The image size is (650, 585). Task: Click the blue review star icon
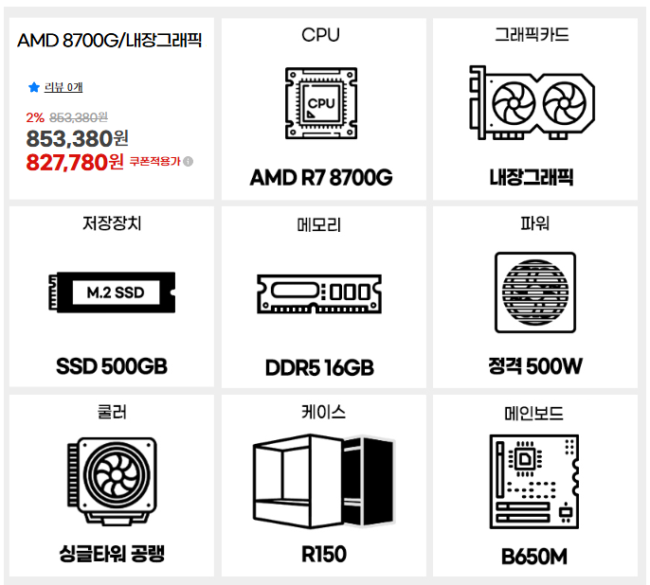(x=33, y=87)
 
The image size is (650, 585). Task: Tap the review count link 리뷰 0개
(x=63, y=87)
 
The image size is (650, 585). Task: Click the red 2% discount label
(x=35, y=117)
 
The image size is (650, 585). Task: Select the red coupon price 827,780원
(x=75, y=162)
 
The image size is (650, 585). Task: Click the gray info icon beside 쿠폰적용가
(x=188, y=161)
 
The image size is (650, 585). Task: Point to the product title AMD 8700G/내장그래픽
(x=110, y=41)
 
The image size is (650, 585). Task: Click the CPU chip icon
(x=321, y=103)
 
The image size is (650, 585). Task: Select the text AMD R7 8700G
(x=321, y=178)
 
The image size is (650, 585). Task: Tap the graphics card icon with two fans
(x=532, y=102)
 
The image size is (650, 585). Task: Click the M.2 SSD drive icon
(x=112, y=292)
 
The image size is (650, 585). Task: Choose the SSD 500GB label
(x=112, y=366)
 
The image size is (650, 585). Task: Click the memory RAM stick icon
(x=319, y=294)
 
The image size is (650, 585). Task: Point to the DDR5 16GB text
(x=319, y=367)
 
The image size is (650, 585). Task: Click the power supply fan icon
(x=535, y=292)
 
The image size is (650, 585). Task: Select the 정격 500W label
(x=535, y=366)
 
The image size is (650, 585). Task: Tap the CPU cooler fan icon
(x=112, y=481)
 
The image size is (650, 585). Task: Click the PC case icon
(x=324, y=481)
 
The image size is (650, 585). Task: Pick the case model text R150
(x=324, y=555)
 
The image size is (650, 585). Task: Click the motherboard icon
(x=534, y=482)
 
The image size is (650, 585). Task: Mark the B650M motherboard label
(x=534, y=557)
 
